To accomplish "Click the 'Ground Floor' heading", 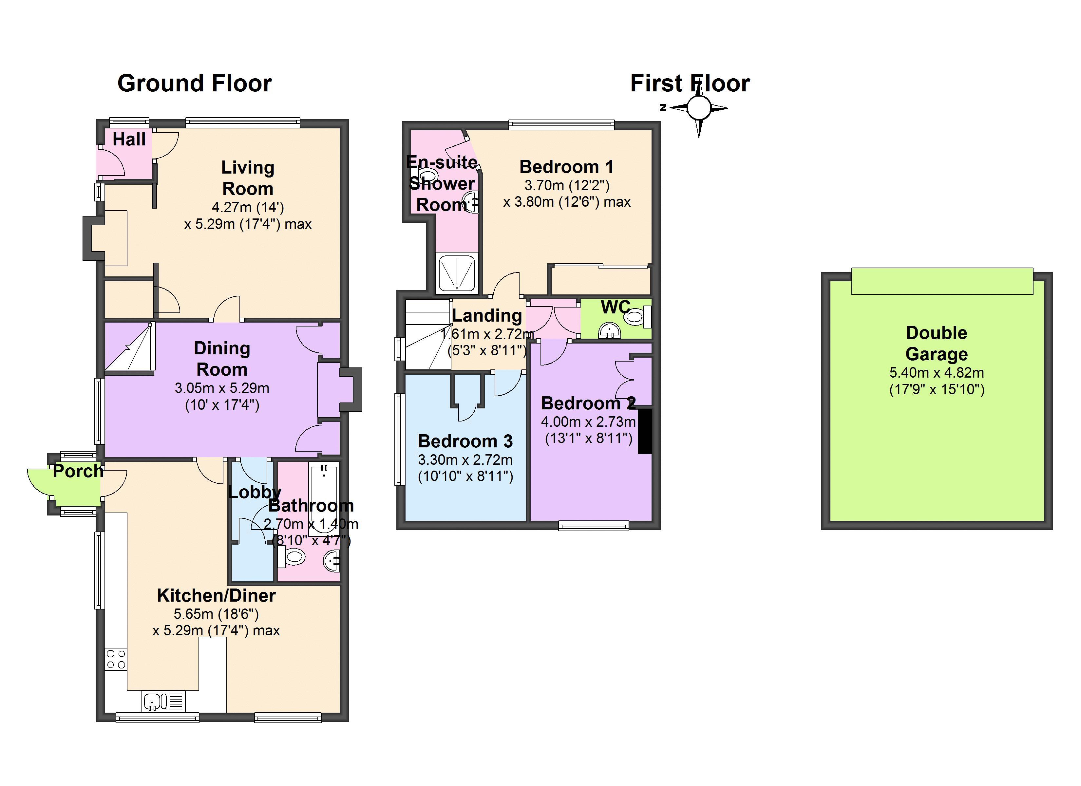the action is pos(195,84).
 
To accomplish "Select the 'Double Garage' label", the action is pos(936,343).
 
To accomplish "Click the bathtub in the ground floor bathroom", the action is pos(324,496).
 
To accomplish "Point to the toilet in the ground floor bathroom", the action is pos(291,556).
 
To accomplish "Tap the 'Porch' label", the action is pos(78,471).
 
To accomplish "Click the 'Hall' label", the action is pos(129,139).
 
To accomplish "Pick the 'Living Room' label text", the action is pos(248,178).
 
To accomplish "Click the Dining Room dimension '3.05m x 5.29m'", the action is pos(222,388).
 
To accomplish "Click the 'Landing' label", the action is pos(487,315).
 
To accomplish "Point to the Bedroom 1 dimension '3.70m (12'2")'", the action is pos(567,185).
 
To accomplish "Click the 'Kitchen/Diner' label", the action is pos(217,595).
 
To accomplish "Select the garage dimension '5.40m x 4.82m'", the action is pos(937,373).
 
